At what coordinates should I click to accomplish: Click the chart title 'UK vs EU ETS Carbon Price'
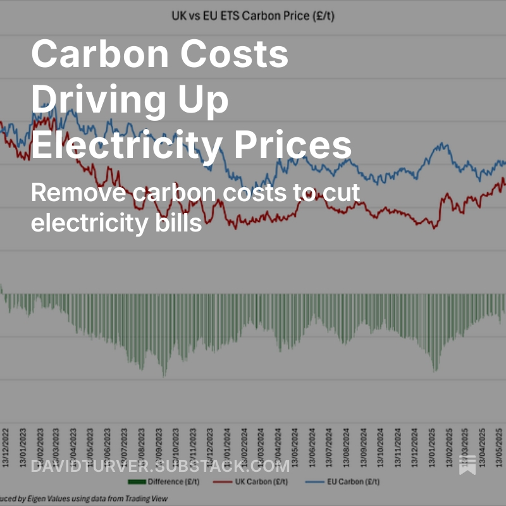pyautogui.click(x=252, y=14)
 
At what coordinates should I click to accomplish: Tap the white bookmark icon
pyautogui.click(x=467, y=466)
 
